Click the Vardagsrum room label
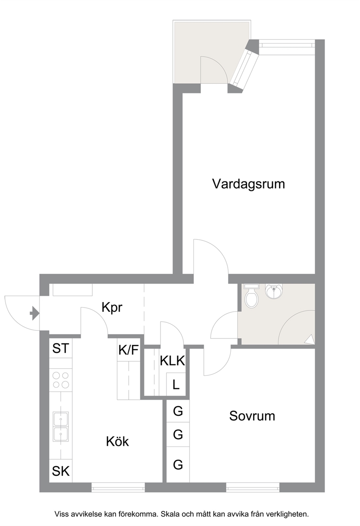click(249, 184)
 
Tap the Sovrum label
click(252, 416)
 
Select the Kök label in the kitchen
click(117, 441)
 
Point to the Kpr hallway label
click(112, 307)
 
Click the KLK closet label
click(172, 361)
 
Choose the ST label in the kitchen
click(61, 348)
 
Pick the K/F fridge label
click(128, 350)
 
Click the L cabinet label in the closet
click(176, 385)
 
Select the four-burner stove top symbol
click(61, 380)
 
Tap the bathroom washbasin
click(274, 291)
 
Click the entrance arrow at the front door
click(34, 313)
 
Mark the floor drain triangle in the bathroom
click(309, 340)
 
